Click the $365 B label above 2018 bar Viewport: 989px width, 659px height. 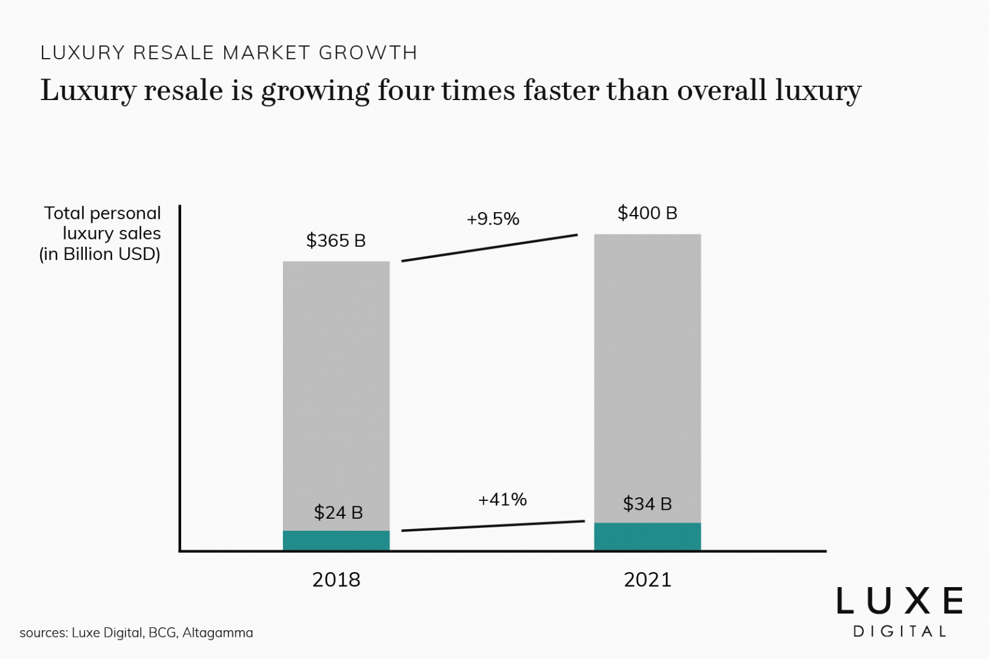click(x=336, y=241)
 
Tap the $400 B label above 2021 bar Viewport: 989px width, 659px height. click(x=647, y=213)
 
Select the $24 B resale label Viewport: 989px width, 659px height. click(x=338, y=513)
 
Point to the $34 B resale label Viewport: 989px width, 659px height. click(x=647, y=504)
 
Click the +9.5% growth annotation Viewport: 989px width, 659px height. click(x=493, y=219)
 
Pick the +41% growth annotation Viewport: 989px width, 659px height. click(x=502, y=500)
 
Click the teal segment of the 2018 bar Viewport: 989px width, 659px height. click(x=336, y=540)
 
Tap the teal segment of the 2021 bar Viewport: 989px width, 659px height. click(x=647, y=536)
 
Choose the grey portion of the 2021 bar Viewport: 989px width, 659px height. click(x=647, y=371)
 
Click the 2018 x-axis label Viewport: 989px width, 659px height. click(x=336, y=580)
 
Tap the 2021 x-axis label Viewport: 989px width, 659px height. click(x=647, y=580)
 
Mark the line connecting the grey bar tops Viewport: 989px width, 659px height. click(x=489, y=248)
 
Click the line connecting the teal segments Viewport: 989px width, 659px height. click(x=493, y=526)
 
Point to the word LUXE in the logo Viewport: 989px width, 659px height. click(x=900, y=601)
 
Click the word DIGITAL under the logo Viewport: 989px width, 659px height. click(x=900, y=631)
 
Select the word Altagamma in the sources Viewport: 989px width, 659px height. click(x=218, y=633)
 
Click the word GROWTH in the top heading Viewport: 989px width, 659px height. click(x=368, y=53)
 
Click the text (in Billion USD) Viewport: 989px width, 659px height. click(x=100, y=254)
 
